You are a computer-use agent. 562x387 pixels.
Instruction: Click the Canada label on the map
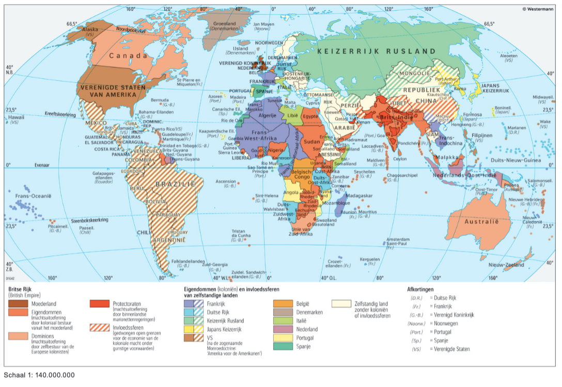[x=128, y=55]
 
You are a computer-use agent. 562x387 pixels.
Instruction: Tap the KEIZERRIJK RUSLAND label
[x=377, y=52]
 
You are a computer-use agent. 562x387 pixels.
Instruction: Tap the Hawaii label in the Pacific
[x=13, y=118]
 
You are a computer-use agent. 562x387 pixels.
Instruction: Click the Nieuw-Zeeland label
[x=506, y=265]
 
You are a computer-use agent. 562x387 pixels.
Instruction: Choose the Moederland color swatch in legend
[x=19, y=304]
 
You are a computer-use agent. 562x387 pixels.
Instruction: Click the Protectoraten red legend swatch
[x=100, y=304]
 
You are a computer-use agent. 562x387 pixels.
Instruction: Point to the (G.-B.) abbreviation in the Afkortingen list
[x=417, y=315]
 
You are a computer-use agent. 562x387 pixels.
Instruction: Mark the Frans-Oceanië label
[x=34, y=196]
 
